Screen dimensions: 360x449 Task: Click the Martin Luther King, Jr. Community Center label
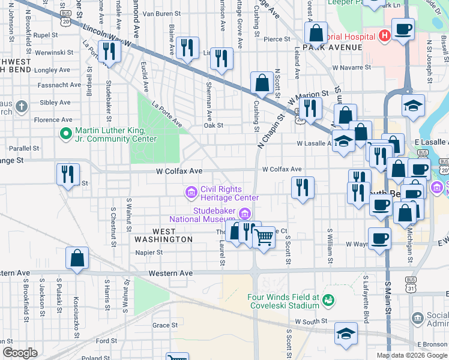pos(115,135)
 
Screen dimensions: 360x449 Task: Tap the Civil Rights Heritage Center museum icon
pos(191,192)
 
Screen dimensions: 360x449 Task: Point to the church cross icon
pos(22,107)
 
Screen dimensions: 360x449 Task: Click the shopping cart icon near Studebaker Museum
pos(264,237)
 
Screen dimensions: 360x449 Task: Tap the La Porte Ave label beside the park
pos(166,113)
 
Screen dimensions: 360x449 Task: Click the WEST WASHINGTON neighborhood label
pos(164,235)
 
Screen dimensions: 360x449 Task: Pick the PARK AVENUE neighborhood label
pos(325,47)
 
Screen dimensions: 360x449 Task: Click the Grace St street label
pos(165,325)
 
